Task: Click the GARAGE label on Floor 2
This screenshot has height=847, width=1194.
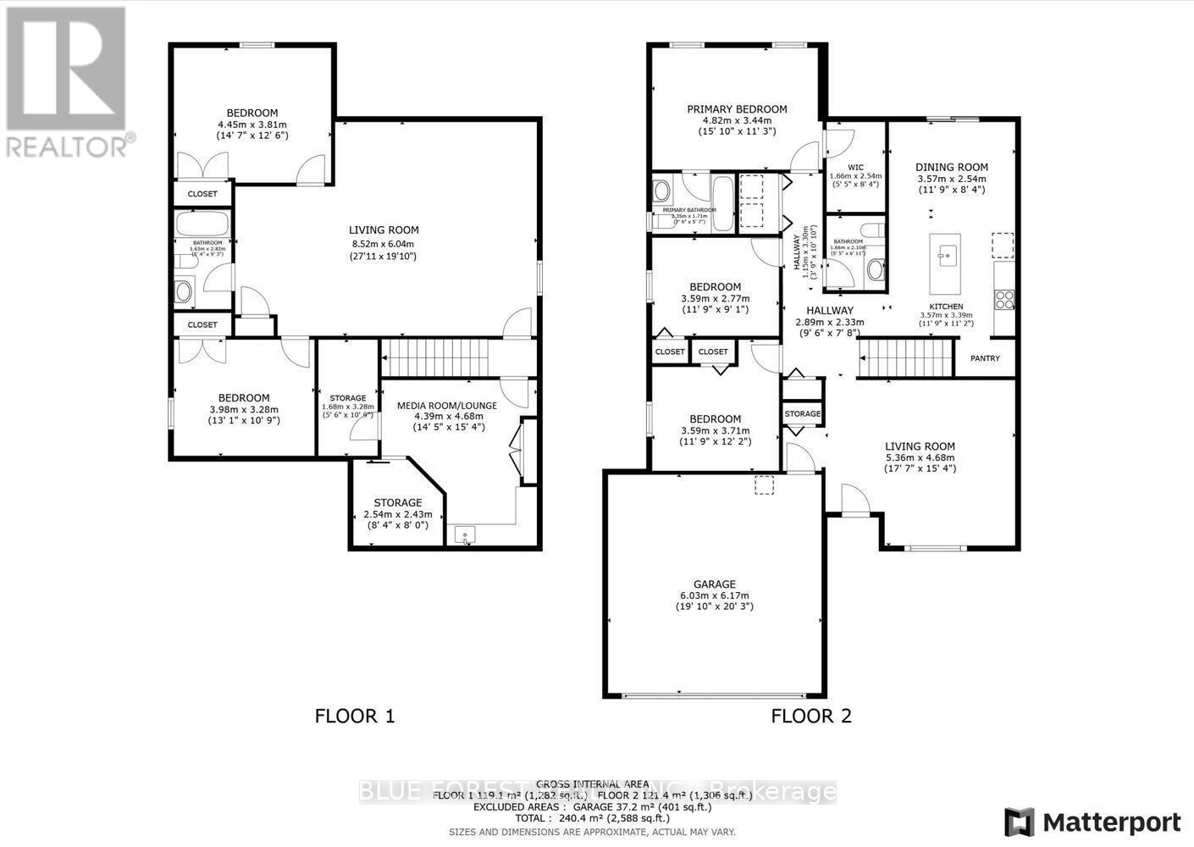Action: [x=714, y=584]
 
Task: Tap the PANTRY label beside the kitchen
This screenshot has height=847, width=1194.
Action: [x=985, y=358]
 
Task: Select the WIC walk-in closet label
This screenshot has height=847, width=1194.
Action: [x=855, y=167]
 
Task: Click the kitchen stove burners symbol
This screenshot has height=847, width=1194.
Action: [x=1004, y=299]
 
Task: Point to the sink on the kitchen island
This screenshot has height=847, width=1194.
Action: [x=946, y=253]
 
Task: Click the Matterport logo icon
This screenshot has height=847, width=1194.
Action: [x=1020, y=822]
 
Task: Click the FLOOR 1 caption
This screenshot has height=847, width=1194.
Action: [x=355, y=716]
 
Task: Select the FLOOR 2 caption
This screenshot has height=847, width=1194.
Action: [x=810, y=716]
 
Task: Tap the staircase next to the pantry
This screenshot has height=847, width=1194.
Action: [x=905, y=358]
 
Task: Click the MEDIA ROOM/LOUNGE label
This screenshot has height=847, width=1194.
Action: [x=447, y=405]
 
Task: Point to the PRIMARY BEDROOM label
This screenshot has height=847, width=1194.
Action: [x=737, y=108]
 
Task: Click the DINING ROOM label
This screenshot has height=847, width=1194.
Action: [x=952, y=167]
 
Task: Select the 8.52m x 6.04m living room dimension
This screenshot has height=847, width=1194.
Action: [x=384, y=243]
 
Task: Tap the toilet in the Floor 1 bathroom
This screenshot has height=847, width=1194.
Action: [x=184, y=292]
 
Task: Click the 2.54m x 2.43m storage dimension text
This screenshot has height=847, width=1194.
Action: [x=397, y=514]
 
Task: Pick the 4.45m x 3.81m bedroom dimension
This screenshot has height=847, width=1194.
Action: [x=252, y=125]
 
